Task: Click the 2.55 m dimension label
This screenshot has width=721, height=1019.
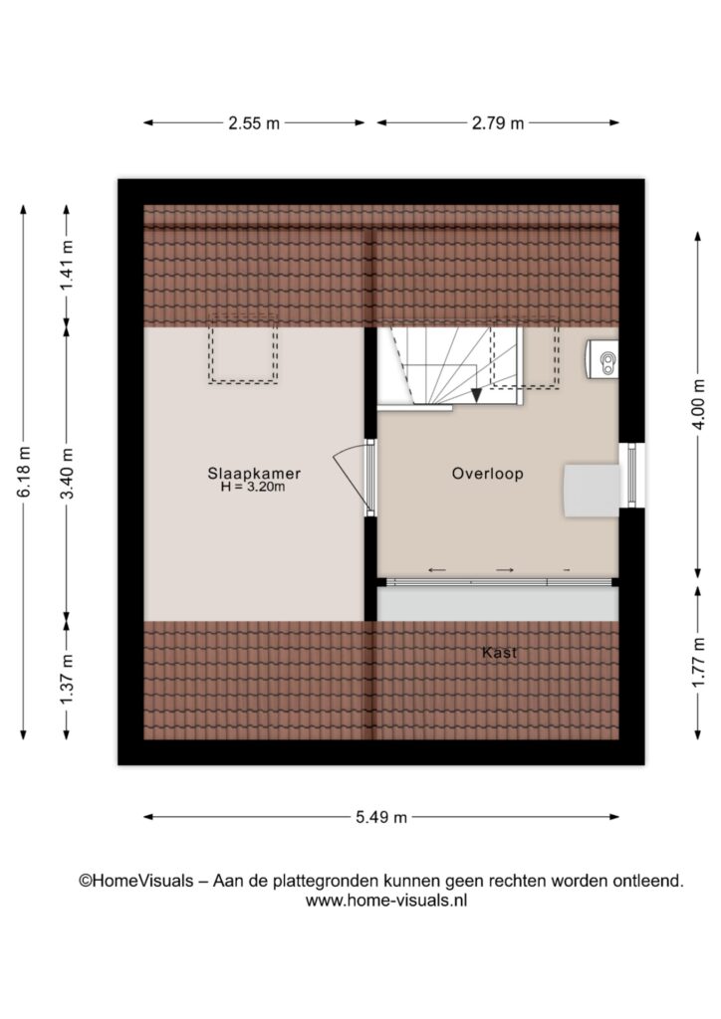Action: click(x=254, y=122)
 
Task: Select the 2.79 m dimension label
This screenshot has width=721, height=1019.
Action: click(x=497, y=122)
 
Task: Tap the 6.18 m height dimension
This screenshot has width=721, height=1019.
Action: click(x=24, y=472)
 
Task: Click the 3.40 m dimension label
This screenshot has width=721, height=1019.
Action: click(x=67, y=473)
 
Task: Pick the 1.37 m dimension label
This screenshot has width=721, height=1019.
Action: click(x=67, y=680)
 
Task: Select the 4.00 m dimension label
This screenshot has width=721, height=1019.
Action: click(x=698, y=404)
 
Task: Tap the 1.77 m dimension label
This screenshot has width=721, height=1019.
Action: click(x=698, y=663)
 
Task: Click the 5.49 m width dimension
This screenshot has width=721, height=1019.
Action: click(x=381, y=817)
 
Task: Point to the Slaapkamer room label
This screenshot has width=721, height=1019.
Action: click(x=254, y=473)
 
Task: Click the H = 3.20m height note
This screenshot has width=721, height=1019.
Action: click(x=253, y=487)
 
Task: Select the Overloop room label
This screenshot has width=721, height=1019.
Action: click(x=488, y=473)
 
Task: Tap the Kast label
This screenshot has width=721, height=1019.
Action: click(x=499, y=652)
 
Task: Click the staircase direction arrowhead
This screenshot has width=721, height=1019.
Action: click(x=477, y=394)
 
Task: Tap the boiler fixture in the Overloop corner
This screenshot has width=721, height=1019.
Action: click(x=601, y=358)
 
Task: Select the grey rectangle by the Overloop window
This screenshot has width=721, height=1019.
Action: click(x=592, y=491)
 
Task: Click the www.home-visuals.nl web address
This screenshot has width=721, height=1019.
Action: click(x=386, y=901)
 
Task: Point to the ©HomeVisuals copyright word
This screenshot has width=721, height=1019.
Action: click(x=135, y=881)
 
